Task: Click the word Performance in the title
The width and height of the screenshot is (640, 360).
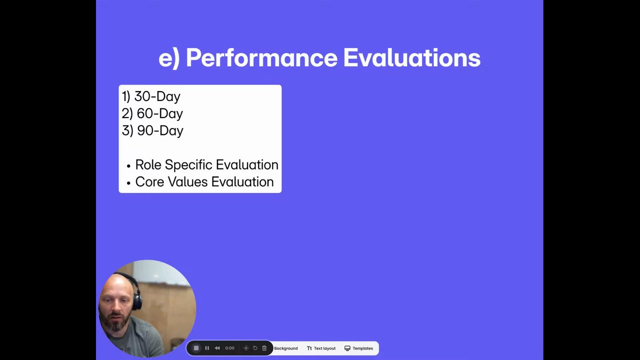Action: coord(261,58)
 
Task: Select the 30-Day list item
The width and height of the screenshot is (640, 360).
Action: coord(151,96)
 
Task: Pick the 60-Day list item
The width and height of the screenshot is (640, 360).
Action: coord(152,113)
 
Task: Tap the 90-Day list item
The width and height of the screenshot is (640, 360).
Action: coord(152,131)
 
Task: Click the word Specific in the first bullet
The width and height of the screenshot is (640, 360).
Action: coord(188,165)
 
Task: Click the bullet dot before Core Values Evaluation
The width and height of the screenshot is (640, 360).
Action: coord(128,183)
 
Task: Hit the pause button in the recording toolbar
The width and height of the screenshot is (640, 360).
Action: coord(207,348)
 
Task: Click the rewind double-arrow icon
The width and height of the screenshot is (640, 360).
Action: coord(217,348)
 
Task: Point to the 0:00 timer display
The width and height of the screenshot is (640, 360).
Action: coord(229,348)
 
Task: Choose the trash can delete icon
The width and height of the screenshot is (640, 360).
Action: coord(264,348)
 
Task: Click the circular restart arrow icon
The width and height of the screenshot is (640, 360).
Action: coord(255,348)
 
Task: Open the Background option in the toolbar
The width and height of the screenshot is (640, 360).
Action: coord(286,348)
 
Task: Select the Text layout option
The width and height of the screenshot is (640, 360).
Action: coord(321,348)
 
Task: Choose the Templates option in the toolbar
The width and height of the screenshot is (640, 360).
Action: coord(359,348)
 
